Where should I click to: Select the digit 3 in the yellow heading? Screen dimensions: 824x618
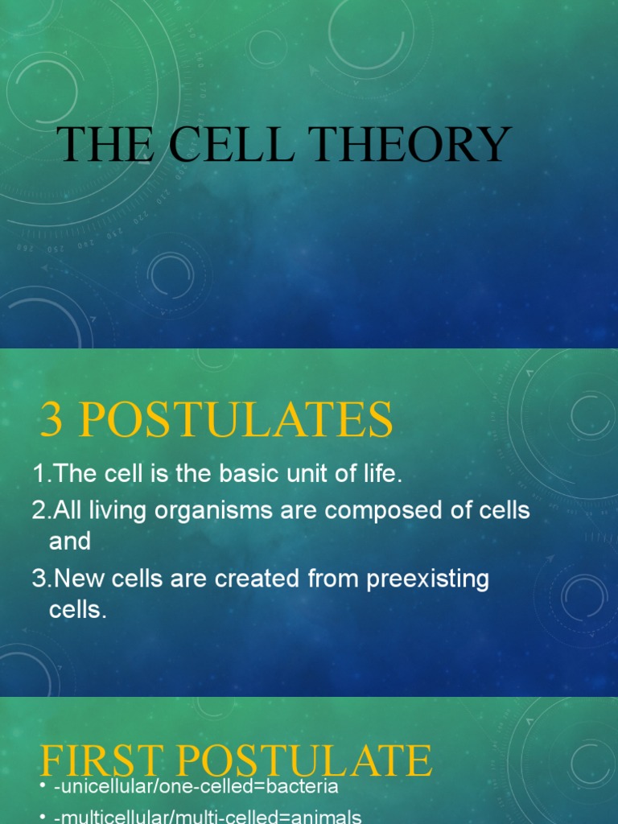click(x=51, y=421)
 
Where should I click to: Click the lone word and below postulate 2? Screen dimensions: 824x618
click(x=70, y=542)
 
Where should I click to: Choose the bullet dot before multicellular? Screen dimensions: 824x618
click(x=43, y=818)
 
